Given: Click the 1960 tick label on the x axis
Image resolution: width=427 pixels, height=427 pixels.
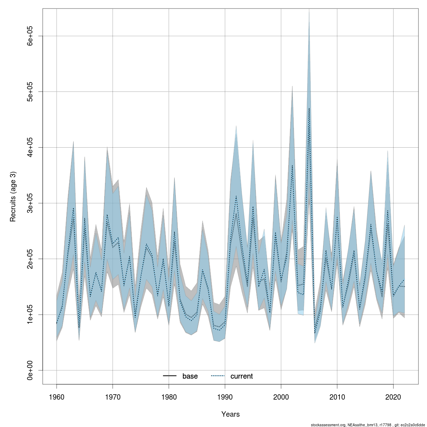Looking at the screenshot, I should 57,397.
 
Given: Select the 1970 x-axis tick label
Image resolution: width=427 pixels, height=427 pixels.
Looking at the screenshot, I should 112,397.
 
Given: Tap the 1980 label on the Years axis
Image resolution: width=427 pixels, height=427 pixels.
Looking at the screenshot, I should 169,397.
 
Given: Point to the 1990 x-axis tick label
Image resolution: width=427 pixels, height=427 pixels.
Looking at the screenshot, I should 225,397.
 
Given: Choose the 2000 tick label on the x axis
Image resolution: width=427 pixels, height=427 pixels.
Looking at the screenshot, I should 281,397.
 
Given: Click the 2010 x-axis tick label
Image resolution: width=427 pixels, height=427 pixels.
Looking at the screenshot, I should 337,397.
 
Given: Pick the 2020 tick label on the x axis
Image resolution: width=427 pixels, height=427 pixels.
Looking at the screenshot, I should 393,397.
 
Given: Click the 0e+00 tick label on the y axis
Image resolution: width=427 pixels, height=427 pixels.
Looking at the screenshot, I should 30,370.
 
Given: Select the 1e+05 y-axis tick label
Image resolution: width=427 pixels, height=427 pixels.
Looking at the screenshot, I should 30,315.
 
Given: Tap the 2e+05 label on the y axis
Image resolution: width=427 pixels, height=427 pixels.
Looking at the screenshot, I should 30,259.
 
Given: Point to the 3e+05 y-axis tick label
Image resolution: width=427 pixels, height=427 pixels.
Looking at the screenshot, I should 30,203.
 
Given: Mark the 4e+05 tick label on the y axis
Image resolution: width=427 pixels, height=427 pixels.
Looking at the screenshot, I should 30,147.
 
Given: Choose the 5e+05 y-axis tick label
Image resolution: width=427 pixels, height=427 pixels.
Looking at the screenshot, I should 30,92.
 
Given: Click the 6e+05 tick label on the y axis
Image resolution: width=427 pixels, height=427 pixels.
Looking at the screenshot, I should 30,36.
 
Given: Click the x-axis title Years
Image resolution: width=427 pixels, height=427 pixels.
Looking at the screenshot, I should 230,414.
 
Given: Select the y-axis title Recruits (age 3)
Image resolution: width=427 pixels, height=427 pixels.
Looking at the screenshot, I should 13,197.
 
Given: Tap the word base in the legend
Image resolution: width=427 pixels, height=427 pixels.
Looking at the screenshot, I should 190,376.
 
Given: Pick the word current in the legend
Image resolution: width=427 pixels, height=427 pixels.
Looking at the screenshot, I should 242,376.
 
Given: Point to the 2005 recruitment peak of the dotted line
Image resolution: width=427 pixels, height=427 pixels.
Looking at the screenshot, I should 309,108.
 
